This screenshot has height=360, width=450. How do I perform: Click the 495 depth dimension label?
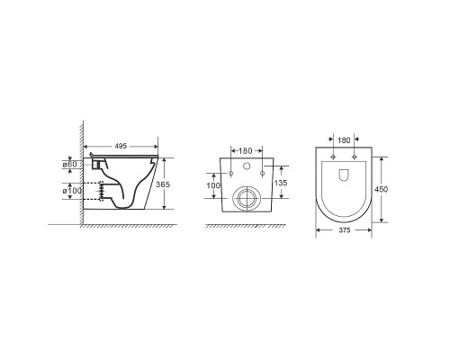click(x=121, y=146)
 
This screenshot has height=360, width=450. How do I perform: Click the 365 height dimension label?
click(x=163, y=184)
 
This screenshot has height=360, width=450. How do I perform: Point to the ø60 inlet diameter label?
click(x=69, y=165)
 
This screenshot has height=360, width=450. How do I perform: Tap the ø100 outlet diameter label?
click(x=72, y=191)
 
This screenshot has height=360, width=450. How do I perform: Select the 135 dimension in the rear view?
click(x=281, y=183)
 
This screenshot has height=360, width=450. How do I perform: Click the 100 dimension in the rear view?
click(x=213, y=185)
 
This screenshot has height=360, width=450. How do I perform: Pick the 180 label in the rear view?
click(x=245, y=151)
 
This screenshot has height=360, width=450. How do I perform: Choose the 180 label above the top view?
click(x=344, y=140)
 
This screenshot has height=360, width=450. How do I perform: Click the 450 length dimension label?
click(x=381, y=189)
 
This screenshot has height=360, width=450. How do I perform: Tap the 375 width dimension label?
click(x=345, y=230)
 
